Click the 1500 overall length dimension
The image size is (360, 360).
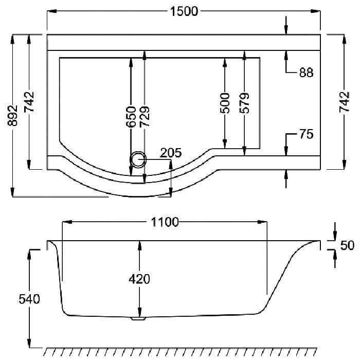click(184, 11)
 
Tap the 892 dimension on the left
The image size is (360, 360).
click(12, 116)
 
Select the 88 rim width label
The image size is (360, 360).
click(306, 73)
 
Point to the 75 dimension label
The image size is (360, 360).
click(306, 134)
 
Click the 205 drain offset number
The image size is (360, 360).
click(171, 153)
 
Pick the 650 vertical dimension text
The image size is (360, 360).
click(131, 117)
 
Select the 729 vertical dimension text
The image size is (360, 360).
click(145, 117)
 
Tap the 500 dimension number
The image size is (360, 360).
click(225, 103)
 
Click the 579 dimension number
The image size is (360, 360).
click(244, 103)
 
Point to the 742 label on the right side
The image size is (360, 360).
click(345, 102)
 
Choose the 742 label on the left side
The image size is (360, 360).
click(29, 102)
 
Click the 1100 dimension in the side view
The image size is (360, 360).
click(165, 222)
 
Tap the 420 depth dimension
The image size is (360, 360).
click(139, 279)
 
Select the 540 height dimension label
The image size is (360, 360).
click(29, 299)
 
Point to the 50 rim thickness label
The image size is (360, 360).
click(347, 245)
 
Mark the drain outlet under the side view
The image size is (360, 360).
click(138, 319)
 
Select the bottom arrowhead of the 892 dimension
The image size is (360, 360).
click(12, 192)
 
